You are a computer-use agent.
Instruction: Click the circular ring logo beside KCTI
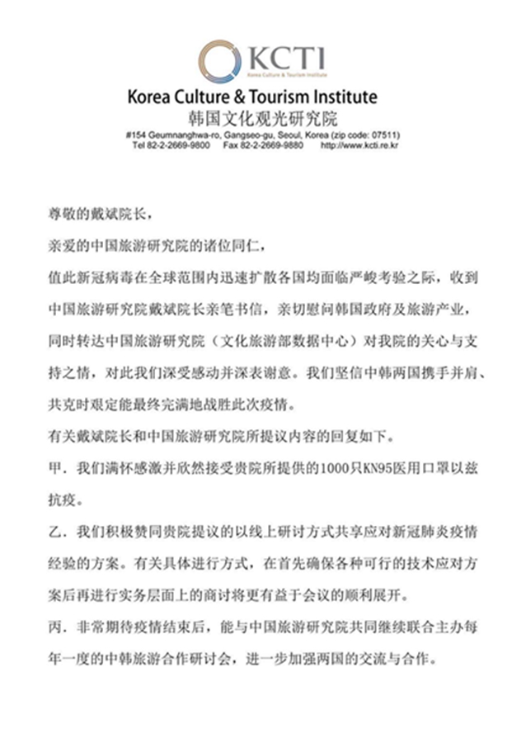pyautogui.click(x=220, y=60)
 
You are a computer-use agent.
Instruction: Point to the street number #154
pyautogui.click(x=137, y=135)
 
